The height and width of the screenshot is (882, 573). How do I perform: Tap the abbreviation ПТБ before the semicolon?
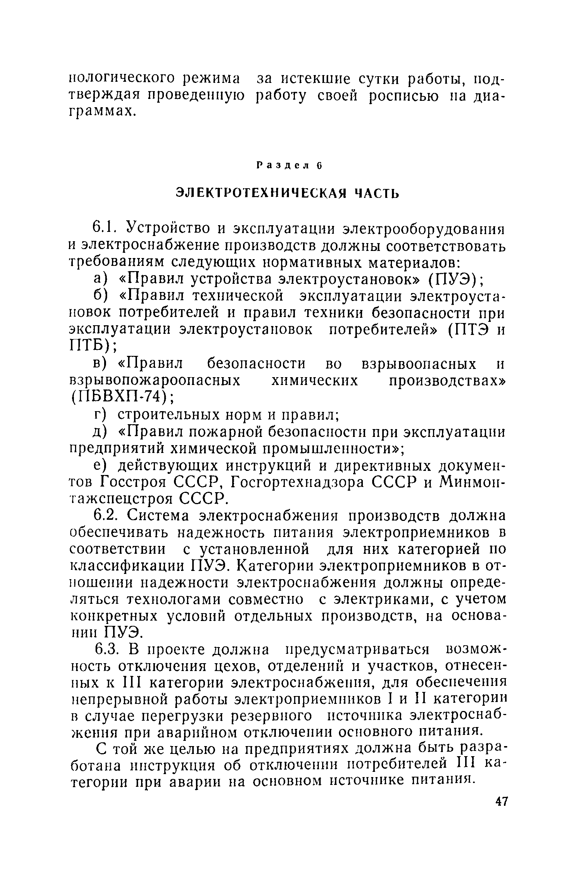[90, 347]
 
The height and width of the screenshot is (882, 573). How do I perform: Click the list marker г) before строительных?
[100, 415]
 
